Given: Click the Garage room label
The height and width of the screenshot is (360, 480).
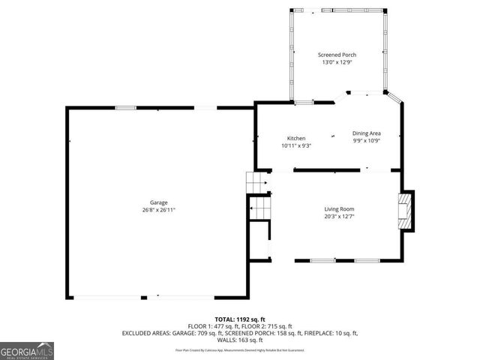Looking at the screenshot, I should coord(158,202).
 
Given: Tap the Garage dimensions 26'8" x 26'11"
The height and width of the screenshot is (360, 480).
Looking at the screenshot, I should coord(158,210).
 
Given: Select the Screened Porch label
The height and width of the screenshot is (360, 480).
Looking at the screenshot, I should coord(337,55).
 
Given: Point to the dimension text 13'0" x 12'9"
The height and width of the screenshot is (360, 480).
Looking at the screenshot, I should coord(337,62).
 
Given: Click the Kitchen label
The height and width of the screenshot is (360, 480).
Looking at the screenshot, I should coord(296,138).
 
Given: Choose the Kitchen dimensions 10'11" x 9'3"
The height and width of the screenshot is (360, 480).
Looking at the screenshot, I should coord(296,145).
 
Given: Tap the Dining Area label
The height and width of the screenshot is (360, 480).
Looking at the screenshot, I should coord(367,133).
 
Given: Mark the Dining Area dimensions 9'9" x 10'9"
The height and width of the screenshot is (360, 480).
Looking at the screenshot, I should coord(367,141).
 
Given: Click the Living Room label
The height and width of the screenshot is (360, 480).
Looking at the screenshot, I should coord(339,208).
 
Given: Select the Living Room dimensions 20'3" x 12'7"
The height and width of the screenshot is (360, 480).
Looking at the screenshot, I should coord(339,217).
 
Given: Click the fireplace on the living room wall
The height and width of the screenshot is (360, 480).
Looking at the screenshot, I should coord(406,211).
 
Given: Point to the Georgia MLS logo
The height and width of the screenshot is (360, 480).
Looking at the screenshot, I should coord(27,351).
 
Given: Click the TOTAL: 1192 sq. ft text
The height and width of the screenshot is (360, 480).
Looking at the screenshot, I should coord(239,319).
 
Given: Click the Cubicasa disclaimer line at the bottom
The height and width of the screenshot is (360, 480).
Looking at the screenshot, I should coord(239,349).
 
